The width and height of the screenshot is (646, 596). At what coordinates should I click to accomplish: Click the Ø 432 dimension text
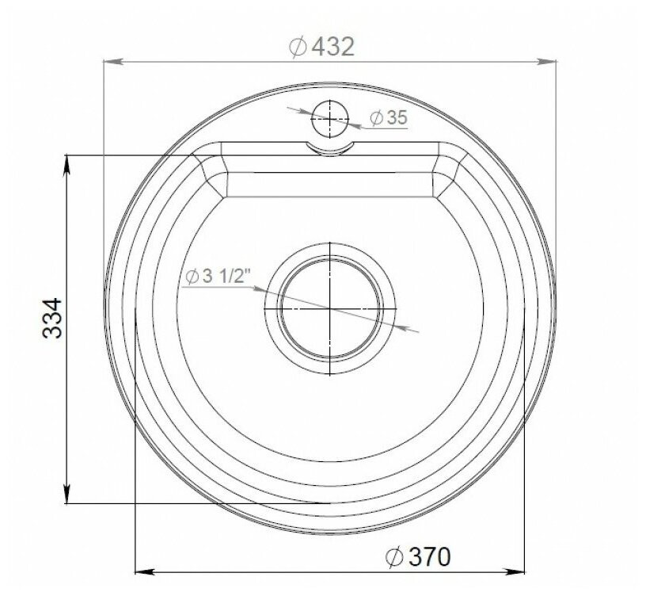pyautogui.click(x=321, y=47)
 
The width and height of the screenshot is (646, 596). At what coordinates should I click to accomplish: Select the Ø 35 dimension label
pyautogui.click(x=387, y=118)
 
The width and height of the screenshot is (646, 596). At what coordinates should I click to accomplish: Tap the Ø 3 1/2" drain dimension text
pyautogui.click(x=218, y=277)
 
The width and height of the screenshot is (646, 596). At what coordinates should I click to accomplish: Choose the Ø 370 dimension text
pyautogui.click(x=417, y=557)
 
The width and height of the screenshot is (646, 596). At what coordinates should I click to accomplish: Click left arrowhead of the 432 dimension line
pyautogui.click(x=111, y=61)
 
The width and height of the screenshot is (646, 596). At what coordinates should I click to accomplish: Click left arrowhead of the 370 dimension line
pyautogui.click(x=142, y=570)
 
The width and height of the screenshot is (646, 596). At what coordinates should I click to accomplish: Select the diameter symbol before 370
pyautogui.click(x=393, y=557)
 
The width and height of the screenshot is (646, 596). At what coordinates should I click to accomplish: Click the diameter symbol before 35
pyautogui.click(x=375, y=118)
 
